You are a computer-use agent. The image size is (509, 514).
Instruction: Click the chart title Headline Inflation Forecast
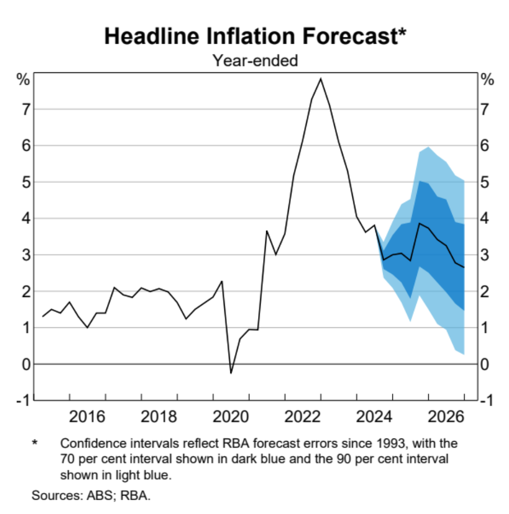[254, 37]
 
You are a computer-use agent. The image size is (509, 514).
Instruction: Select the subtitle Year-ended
[255, 61]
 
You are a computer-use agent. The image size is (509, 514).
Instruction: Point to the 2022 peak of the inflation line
[321, 79]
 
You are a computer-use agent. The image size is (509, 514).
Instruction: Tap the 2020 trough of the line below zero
[231, 373]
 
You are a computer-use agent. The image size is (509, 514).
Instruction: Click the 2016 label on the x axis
[87, 416]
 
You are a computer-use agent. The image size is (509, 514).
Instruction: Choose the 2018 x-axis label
[159, 416]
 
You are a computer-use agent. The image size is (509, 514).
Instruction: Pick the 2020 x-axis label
[231, 416]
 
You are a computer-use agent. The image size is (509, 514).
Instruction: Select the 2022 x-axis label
[303, 416]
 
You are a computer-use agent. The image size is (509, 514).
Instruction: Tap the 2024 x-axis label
[375, 416]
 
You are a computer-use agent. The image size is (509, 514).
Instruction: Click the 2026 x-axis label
[447, 416]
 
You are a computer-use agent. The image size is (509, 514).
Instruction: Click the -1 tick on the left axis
[23, 401]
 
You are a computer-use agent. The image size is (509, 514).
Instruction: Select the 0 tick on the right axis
[486, 364]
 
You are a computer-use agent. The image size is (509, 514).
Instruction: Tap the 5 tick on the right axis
[486, 182]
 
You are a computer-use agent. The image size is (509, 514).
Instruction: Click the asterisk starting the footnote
[35, 442]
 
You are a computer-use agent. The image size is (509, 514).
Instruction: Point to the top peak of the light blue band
[428, 147]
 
